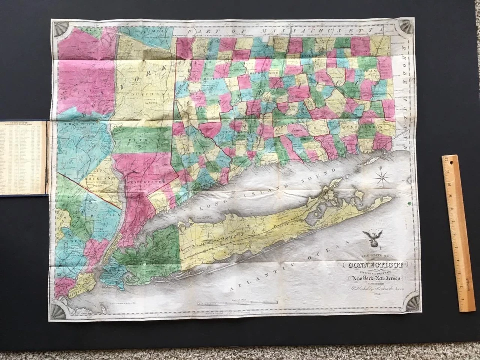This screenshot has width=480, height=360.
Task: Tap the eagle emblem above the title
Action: click(x=373, y=239)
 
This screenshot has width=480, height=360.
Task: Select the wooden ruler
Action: click(x=458, y=232)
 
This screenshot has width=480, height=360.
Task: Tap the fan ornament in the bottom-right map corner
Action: click(x=411, y=302)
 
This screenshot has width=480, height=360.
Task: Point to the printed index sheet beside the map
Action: click(x=23, y=157)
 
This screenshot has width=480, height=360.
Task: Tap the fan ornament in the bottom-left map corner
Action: click(x=58, y=311)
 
